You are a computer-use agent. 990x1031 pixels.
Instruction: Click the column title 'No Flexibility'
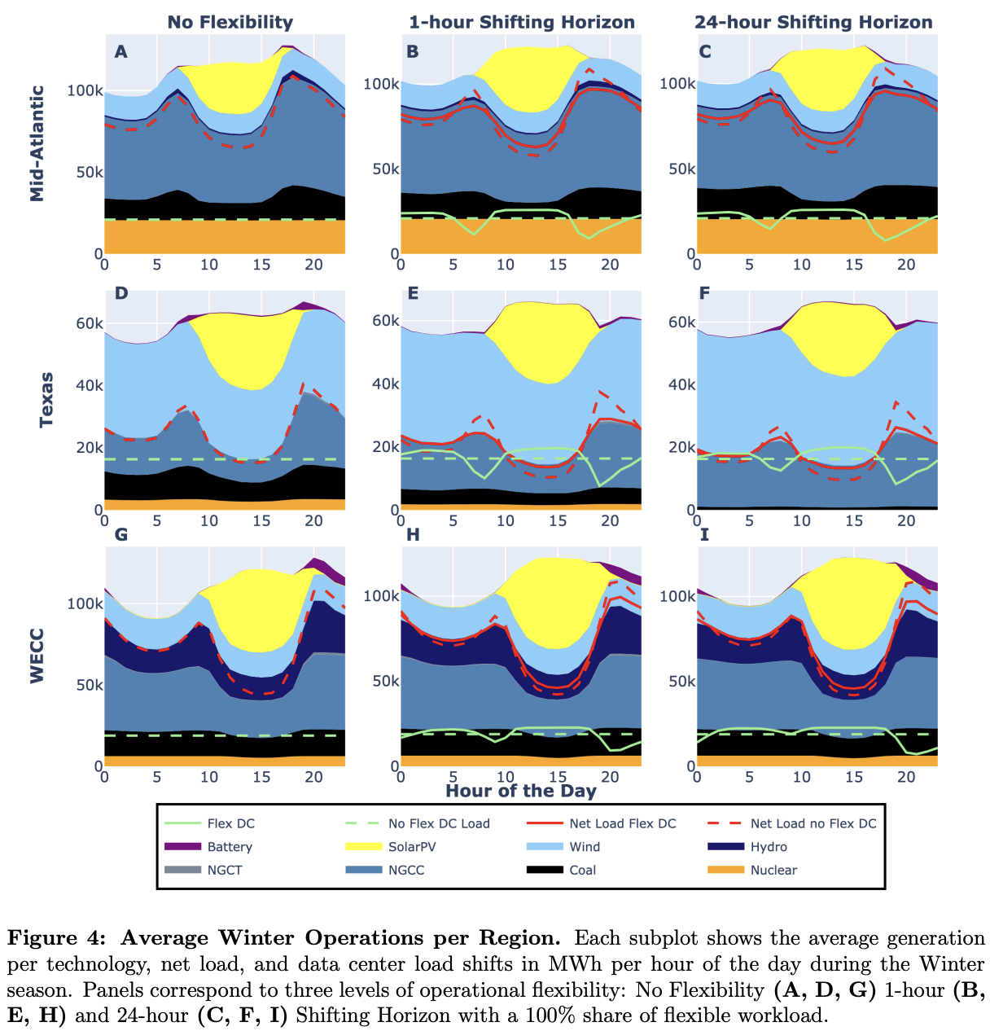pyautogui.click(x=230, y=22)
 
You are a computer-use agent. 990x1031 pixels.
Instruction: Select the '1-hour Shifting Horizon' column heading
pyautogui.click(x=522, y=22)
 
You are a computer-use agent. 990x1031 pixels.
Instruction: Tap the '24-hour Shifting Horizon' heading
pyautogui.click(x=813, y=22)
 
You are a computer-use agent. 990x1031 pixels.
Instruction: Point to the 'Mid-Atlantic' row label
pyautogui.click(x=37, y=143)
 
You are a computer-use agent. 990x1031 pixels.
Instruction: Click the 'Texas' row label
pyautogui.click(x=46, y=399)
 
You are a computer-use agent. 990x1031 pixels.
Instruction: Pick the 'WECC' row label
pyautogui.click(x=37, y=655)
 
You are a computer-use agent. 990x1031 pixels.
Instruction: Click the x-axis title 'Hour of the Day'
pyautogui.click(x=521, y=790)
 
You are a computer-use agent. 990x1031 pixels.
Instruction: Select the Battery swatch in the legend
pyautogui.click(x=183, y=847)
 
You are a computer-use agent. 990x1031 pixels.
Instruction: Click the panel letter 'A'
pyautogui.click(x=120, y=52)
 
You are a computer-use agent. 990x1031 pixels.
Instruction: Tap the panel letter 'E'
pyautogui.click(x=413, y=293)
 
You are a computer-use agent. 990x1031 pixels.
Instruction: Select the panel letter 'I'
pyautogui.click(x=705, y=534)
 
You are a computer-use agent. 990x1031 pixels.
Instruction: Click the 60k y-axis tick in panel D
pyautogui.click(x=90, y=323)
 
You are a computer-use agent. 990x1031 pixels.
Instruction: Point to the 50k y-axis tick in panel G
pyautogui.click(x=90, y=685)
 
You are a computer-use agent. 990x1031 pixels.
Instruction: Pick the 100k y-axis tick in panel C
pyautogui.click(x=677, y=84)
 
